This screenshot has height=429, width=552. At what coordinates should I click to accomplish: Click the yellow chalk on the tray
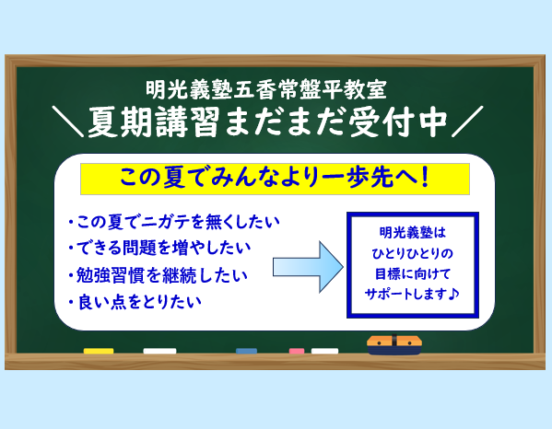tap(99, 351)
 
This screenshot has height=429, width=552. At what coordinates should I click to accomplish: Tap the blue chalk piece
tap(246, 351)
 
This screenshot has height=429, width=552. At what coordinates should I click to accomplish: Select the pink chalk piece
tap(297, 351)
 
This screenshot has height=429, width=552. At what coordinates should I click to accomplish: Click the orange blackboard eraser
tap(394, 344)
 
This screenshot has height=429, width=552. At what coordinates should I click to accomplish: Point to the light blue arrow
tap(308, 267)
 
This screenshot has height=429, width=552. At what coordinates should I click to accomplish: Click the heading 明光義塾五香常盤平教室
tap(266, 89)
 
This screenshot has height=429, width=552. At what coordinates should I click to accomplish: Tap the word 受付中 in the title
tap(398, 122)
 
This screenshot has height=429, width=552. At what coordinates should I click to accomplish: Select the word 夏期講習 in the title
tap(154, 122)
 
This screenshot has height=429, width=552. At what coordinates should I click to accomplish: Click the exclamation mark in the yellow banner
tap(425, 178)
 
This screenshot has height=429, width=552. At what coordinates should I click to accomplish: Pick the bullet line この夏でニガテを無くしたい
tap(174, 222)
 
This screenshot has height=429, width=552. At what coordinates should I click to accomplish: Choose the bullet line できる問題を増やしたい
tap(159, 248)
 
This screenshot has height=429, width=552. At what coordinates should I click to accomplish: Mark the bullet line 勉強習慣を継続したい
tap(159, 275)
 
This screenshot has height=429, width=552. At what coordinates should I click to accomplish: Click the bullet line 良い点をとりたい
tap(135, 302)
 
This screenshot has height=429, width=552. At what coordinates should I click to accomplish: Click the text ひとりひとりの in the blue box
tap(412, 253)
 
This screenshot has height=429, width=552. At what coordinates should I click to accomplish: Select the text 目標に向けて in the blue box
tap(413, 273)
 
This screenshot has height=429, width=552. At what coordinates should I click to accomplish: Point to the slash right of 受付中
tap(467, 122)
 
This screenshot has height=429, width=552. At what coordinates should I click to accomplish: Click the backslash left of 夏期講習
tap(67, 122)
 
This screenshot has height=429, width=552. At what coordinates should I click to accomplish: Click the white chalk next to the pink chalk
tap(324, 351)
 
